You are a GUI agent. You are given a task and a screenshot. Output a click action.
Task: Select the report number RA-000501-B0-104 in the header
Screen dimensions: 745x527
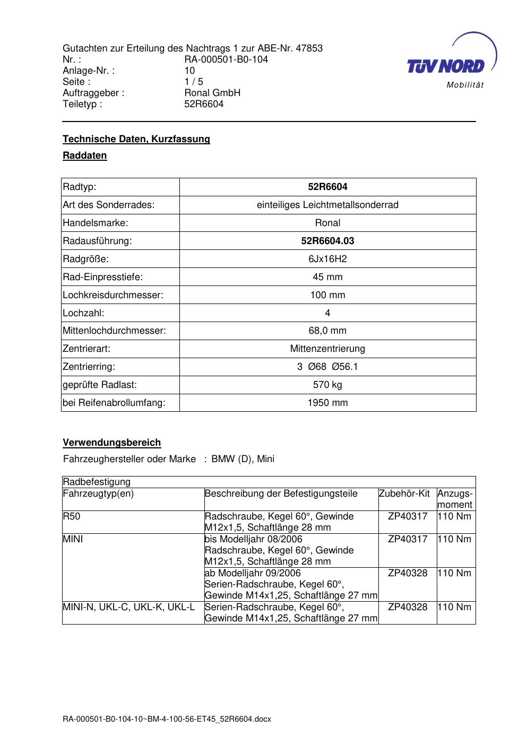[226, 59]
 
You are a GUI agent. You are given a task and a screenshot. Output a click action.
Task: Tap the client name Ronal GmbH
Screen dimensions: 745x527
[212, 93]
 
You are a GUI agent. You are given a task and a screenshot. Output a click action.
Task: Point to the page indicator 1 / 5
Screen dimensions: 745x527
[194, 82]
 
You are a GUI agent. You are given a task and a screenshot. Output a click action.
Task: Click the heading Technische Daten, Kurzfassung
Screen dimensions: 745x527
[136, 139]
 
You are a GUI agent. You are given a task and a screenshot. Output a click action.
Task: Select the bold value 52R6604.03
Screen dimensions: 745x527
[327, 241]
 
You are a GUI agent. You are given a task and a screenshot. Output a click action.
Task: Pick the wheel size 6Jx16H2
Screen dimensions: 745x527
[327, 259]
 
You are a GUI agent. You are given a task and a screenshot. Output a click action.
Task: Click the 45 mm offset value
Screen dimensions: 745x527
[327, 277]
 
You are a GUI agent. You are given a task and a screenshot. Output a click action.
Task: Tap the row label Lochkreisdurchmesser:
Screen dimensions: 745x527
[113, 295]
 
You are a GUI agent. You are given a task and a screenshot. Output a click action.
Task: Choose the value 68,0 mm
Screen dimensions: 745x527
[327, 331]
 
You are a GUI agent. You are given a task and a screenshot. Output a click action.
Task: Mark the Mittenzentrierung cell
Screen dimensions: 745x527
[327, 349]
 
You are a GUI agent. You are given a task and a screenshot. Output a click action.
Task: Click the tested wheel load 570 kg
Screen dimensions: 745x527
[327, 385]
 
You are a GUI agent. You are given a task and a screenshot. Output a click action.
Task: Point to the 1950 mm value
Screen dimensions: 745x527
[327, 403]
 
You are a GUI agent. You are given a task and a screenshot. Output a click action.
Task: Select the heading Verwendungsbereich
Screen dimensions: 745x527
[112, 443]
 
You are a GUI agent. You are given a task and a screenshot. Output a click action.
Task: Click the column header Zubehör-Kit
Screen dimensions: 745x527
[404, 493]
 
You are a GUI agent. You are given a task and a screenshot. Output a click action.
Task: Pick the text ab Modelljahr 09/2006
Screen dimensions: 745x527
[253, 573]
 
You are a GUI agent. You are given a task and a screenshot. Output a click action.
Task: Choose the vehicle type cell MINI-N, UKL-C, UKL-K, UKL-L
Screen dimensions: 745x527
[129, 607]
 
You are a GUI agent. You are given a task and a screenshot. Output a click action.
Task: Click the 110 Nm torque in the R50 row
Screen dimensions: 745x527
[454, 516]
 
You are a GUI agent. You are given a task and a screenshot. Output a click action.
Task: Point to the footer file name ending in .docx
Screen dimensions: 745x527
[167, 719]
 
